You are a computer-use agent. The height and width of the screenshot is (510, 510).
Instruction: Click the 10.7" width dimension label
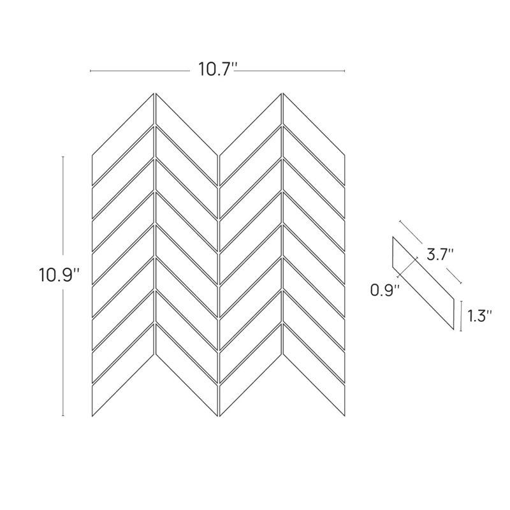[218, 69]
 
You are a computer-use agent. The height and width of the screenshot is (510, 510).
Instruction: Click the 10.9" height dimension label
[59, 275]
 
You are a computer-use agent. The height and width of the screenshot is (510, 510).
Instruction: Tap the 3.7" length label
[440, 254]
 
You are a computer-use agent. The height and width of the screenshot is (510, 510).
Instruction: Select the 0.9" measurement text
[385, 290]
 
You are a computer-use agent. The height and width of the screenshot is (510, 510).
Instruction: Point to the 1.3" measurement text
[479, 316]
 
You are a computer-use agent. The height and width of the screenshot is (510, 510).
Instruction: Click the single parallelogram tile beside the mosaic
[423, 283]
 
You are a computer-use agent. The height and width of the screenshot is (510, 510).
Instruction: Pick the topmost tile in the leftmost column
[123, 138]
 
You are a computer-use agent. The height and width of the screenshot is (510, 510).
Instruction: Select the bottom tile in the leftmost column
[123, 370]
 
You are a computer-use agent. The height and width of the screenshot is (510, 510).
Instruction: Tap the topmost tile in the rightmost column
[314, 138]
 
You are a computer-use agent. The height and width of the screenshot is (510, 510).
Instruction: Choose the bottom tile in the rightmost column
[314, 370]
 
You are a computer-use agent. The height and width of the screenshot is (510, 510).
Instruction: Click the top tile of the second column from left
[187, 138]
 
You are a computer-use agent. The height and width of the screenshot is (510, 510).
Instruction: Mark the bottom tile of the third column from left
[251, 370]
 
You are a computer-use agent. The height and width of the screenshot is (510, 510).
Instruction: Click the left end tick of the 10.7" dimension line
[90, 71]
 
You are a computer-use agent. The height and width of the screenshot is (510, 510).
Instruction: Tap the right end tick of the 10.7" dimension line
[344, 71]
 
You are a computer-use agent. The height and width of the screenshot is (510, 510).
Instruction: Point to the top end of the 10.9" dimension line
[62, 156]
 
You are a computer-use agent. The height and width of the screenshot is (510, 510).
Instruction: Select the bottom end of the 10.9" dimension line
[62, 416]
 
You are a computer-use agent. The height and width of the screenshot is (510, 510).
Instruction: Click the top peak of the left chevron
[155, 93]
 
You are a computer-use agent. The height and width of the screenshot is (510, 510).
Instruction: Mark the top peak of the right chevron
[282, 93]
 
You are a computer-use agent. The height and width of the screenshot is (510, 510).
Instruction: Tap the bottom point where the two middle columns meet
[219, 416]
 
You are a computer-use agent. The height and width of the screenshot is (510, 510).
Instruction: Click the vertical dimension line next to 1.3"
[461, 316]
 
